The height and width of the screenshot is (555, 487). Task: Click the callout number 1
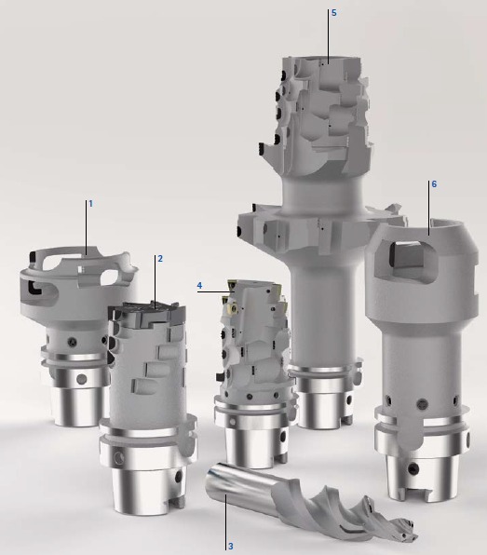tap(90, 204)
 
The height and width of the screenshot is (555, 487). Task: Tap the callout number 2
tap(160, 259)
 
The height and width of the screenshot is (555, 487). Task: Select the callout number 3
tap(230, 546)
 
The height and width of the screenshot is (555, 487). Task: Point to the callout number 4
tap(200, 285)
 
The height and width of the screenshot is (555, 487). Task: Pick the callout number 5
tap(333, 13)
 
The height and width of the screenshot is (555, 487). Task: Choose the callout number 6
tap(434, 184)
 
